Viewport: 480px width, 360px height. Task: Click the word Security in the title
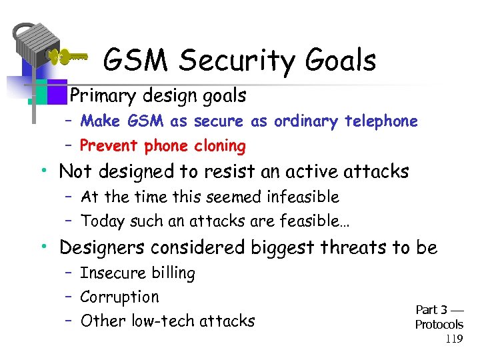[x=231, y=61]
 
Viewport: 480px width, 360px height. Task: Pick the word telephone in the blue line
[x=381, y=121]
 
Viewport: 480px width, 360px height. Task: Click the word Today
[x=102, y=220]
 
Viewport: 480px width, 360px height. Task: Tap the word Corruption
[x=119, y=297]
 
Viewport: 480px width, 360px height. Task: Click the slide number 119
[x=454, y=339]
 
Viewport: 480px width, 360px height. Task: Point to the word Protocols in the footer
[x=439, y=325]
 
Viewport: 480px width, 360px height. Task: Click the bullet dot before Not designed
[x=43, y=172]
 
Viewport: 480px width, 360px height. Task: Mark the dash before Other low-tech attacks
[x=68, y=321]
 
